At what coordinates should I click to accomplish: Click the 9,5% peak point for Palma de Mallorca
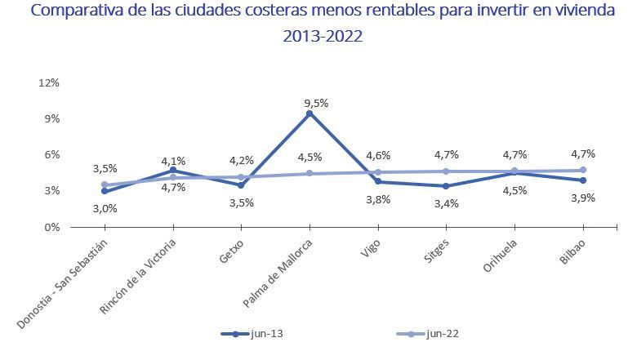point(310,113)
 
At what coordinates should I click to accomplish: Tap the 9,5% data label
point(316,103)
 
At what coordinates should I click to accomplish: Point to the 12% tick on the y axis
point(49,82)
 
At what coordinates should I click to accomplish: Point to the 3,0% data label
point(105,208)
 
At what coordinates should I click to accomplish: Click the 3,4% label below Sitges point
point(446,203)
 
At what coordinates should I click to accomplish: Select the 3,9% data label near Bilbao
point(582,198)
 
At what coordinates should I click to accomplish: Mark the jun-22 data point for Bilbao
point(582,170)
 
